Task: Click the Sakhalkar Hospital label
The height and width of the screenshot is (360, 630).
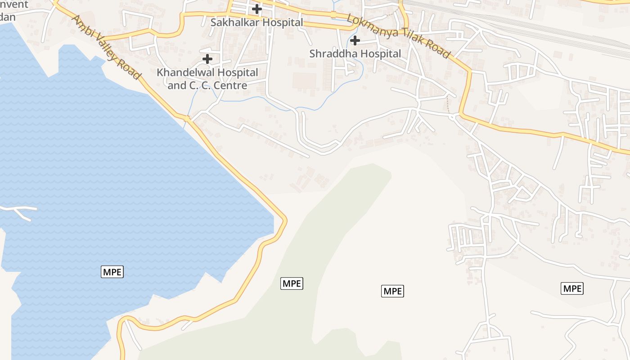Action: (x=256, y=22)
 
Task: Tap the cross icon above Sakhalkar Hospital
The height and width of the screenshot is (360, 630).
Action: (x=256, y=9)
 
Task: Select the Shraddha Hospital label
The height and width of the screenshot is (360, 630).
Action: (x=355, y=54)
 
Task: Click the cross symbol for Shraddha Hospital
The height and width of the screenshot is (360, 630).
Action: (x=355, y=40)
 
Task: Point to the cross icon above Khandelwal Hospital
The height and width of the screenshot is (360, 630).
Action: (x=207, y=58)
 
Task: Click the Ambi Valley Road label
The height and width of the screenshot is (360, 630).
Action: (x=107, y=47)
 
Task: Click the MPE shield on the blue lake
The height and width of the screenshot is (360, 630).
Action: (x=112, y=271)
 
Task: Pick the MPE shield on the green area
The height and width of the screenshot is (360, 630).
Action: (x=292, y=283)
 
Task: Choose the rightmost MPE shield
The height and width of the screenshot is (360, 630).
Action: (x=572, y=288)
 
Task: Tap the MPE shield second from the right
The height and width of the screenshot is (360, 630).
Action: (x=392, y=291)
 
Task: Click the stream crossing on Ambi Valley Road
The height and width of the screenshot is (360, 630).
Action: (x=188, y=119)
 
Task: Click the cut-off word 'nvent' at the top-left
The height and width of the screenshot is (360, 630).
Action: (x=16, y=4)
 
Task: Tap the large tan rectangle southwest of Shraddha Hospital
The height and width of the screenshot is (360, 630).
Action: (x=304, y=81)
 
